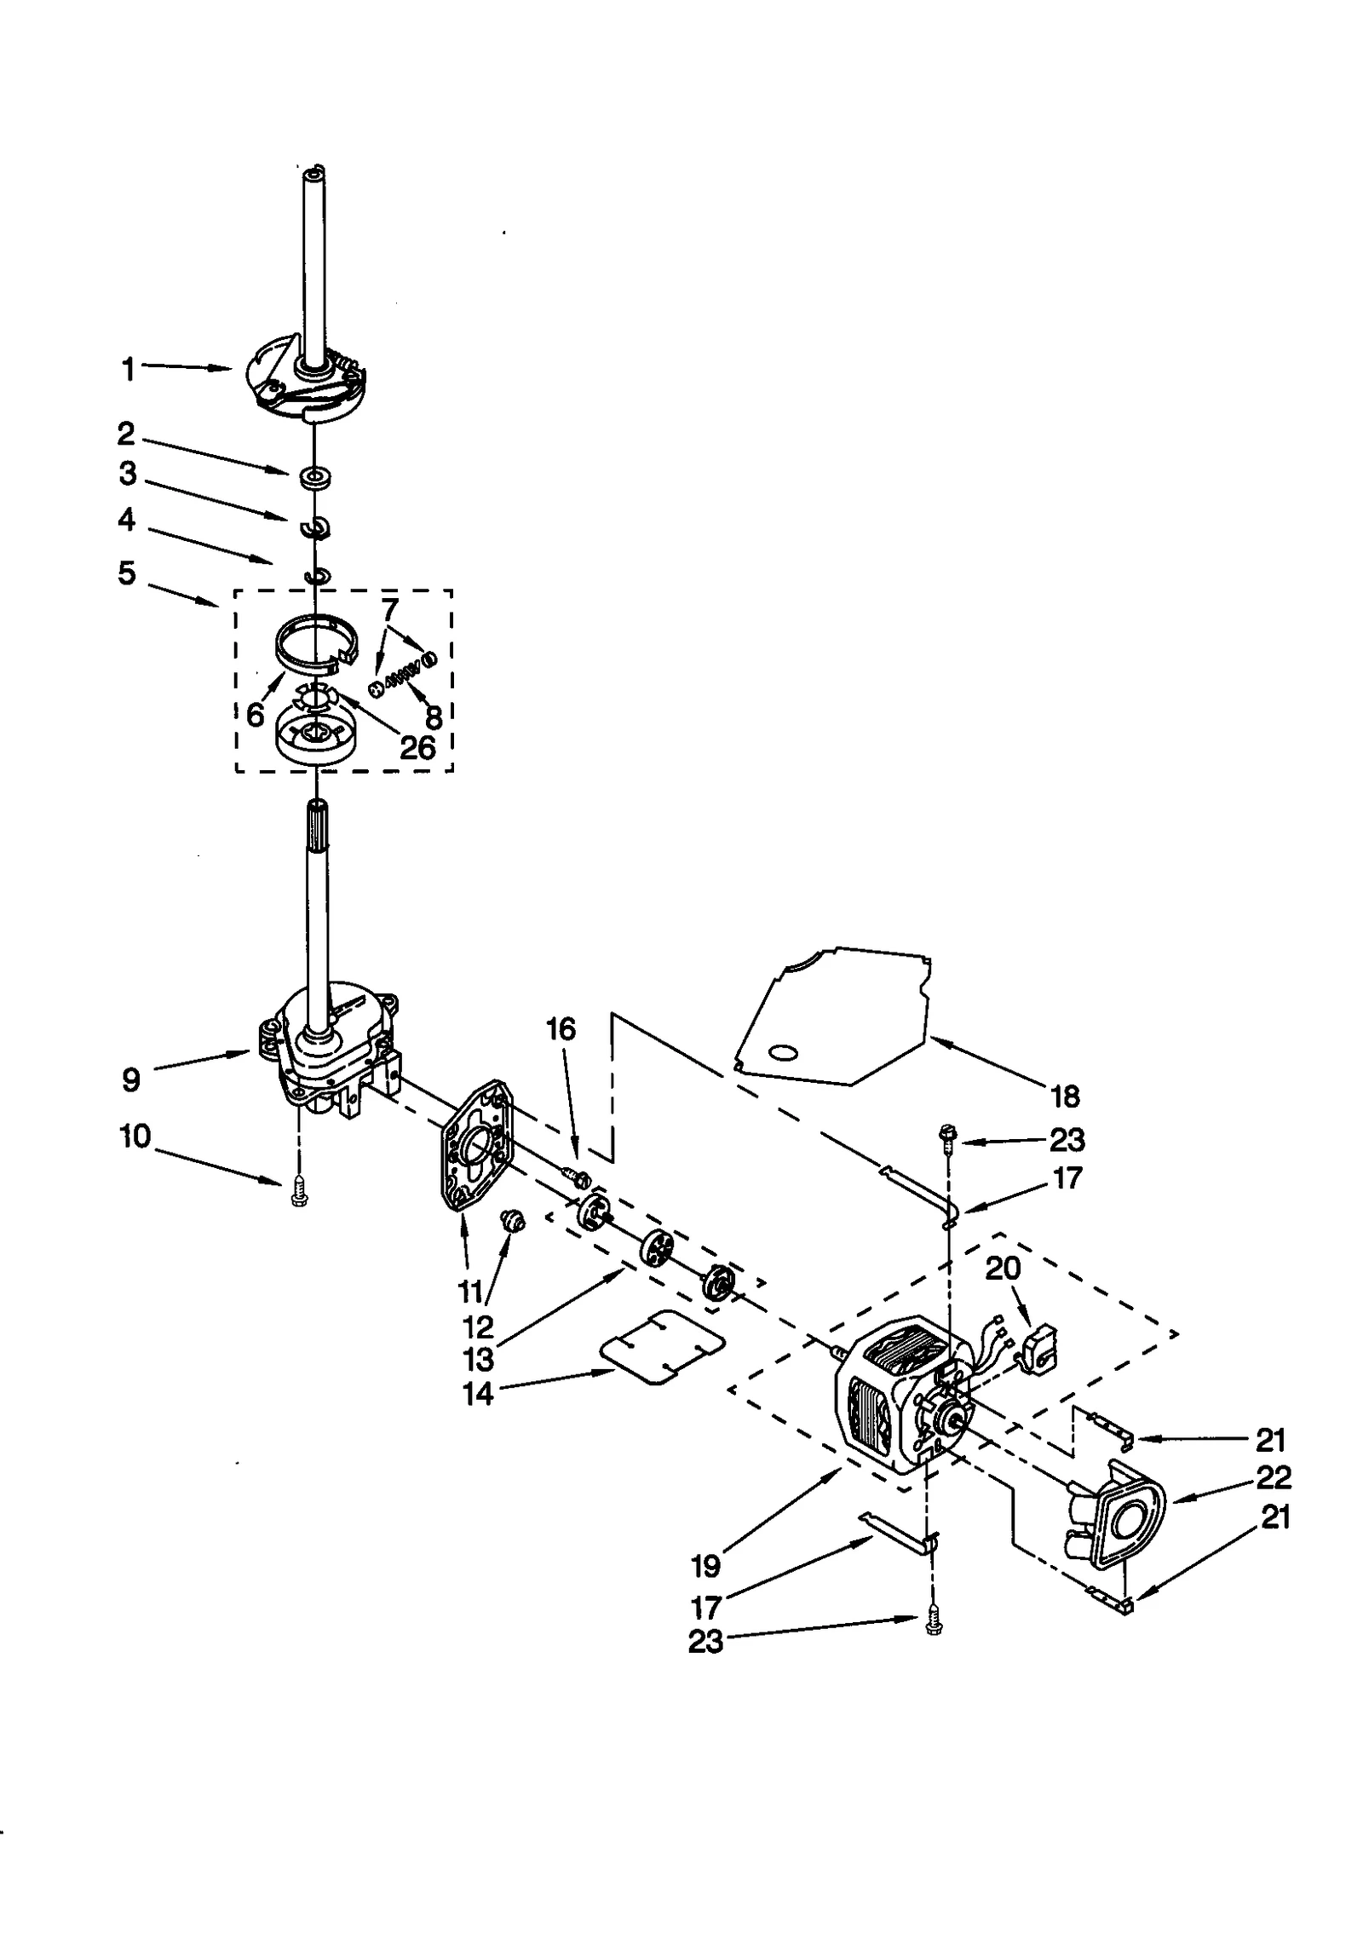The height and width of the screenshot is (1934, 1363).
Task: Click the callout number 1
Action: click(x=128, y=370)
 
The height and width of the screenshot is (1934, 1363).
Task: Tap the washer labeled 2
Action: click(x=314, y=477)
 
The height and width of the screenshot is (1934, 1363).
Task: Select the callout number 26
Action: click(x=417, y=747)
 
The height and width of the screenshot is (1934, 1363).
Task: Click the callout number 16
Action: click(x=561, y=1029)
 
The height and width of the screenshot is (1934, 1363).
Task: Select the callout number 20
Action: click(x=1003, y=1268)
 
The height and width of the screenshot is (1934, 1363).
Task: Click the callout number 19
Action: click(x=706, y=1565)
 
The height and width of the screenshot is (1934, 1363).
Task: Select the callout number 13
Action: click(x=479, y=1361)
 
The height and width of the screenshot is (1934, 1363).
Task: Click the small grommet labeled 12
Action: click(x=515, y=1223)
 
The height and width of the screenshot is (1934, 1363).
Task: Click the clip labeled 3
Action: click(x=315, y=528)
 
